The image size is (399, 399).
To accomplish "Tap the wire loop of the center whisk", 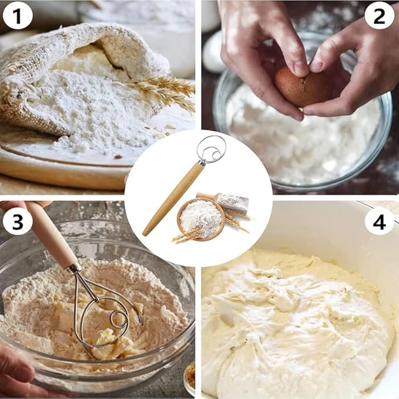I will (x=211, y=150).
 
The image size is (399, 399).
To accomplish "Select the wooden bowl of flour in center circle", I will (x=201, y=219).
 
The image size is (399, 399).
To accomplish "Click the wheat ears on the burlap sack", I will (x=165, y=91).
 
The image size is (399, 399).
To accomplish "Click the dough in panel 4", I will (x=294, y=323).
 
